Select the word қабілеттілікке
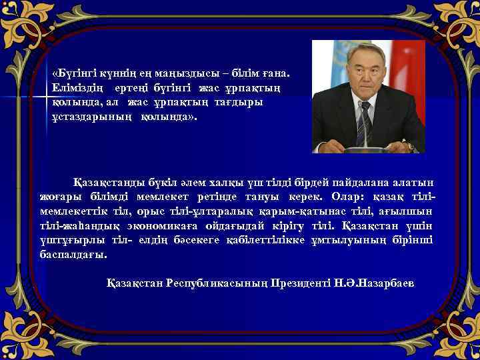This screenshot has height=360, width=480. pyautogui.click(x=267, y=241)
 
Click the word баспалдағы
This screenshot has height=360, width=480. pyautogui.click(x=73, y=255)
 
